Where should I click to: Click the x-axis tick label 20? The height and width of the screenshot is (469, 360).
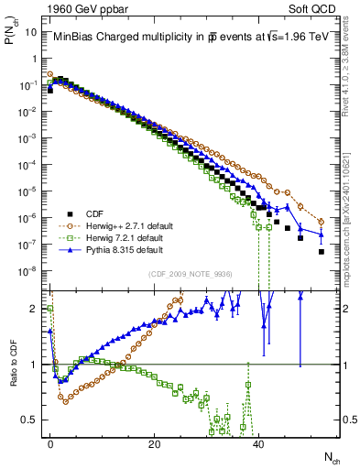[155, 442]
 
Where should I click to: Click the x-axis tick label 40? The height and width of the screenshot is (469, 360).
[258, 442]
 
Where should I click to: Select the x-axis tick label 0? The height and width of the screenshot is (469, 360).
[50, 442]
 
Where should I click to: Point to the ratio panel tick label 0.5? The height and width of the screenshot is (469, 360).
[33, 420]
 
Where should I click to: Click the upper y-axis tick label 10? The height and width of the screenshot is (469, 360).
[33, 31]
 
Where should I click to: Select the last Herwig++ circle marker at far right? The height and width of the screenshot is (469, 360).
[321, 222]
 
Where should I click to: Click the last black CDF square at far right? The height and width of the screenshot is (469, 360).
[321, 251]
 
